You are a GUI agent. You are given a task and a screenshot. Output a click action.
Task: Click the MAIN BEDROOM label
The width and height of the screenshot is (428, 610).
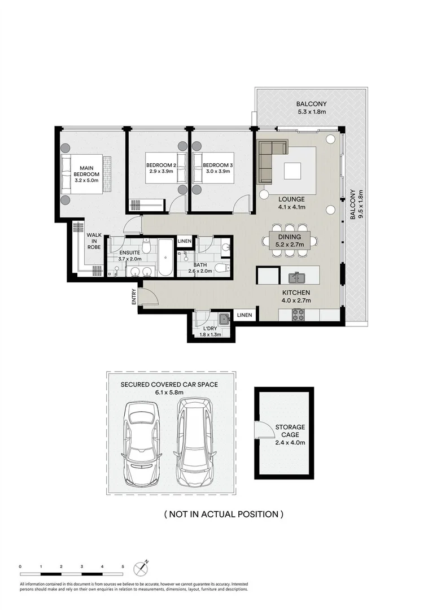point(86,168)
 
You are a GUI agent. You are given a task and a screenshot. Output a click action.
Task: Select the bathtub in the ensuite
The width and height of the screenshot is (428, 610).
point(165,258)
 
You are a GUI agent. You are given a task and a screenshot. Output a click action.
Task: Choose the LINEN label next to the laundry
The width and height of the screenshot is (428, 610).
point(244,315)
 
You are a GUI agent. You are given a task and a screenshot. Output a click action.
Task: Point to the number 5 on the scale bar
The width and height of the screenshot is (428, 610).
point(123,565)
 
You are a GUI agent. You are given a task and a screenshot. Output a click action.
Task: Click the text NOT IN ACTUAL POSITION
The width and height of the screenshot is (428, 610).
point(223,514)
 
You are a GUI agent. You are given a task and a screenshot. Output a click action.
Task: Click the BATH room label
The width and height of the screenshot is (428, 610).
point(201,264)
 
